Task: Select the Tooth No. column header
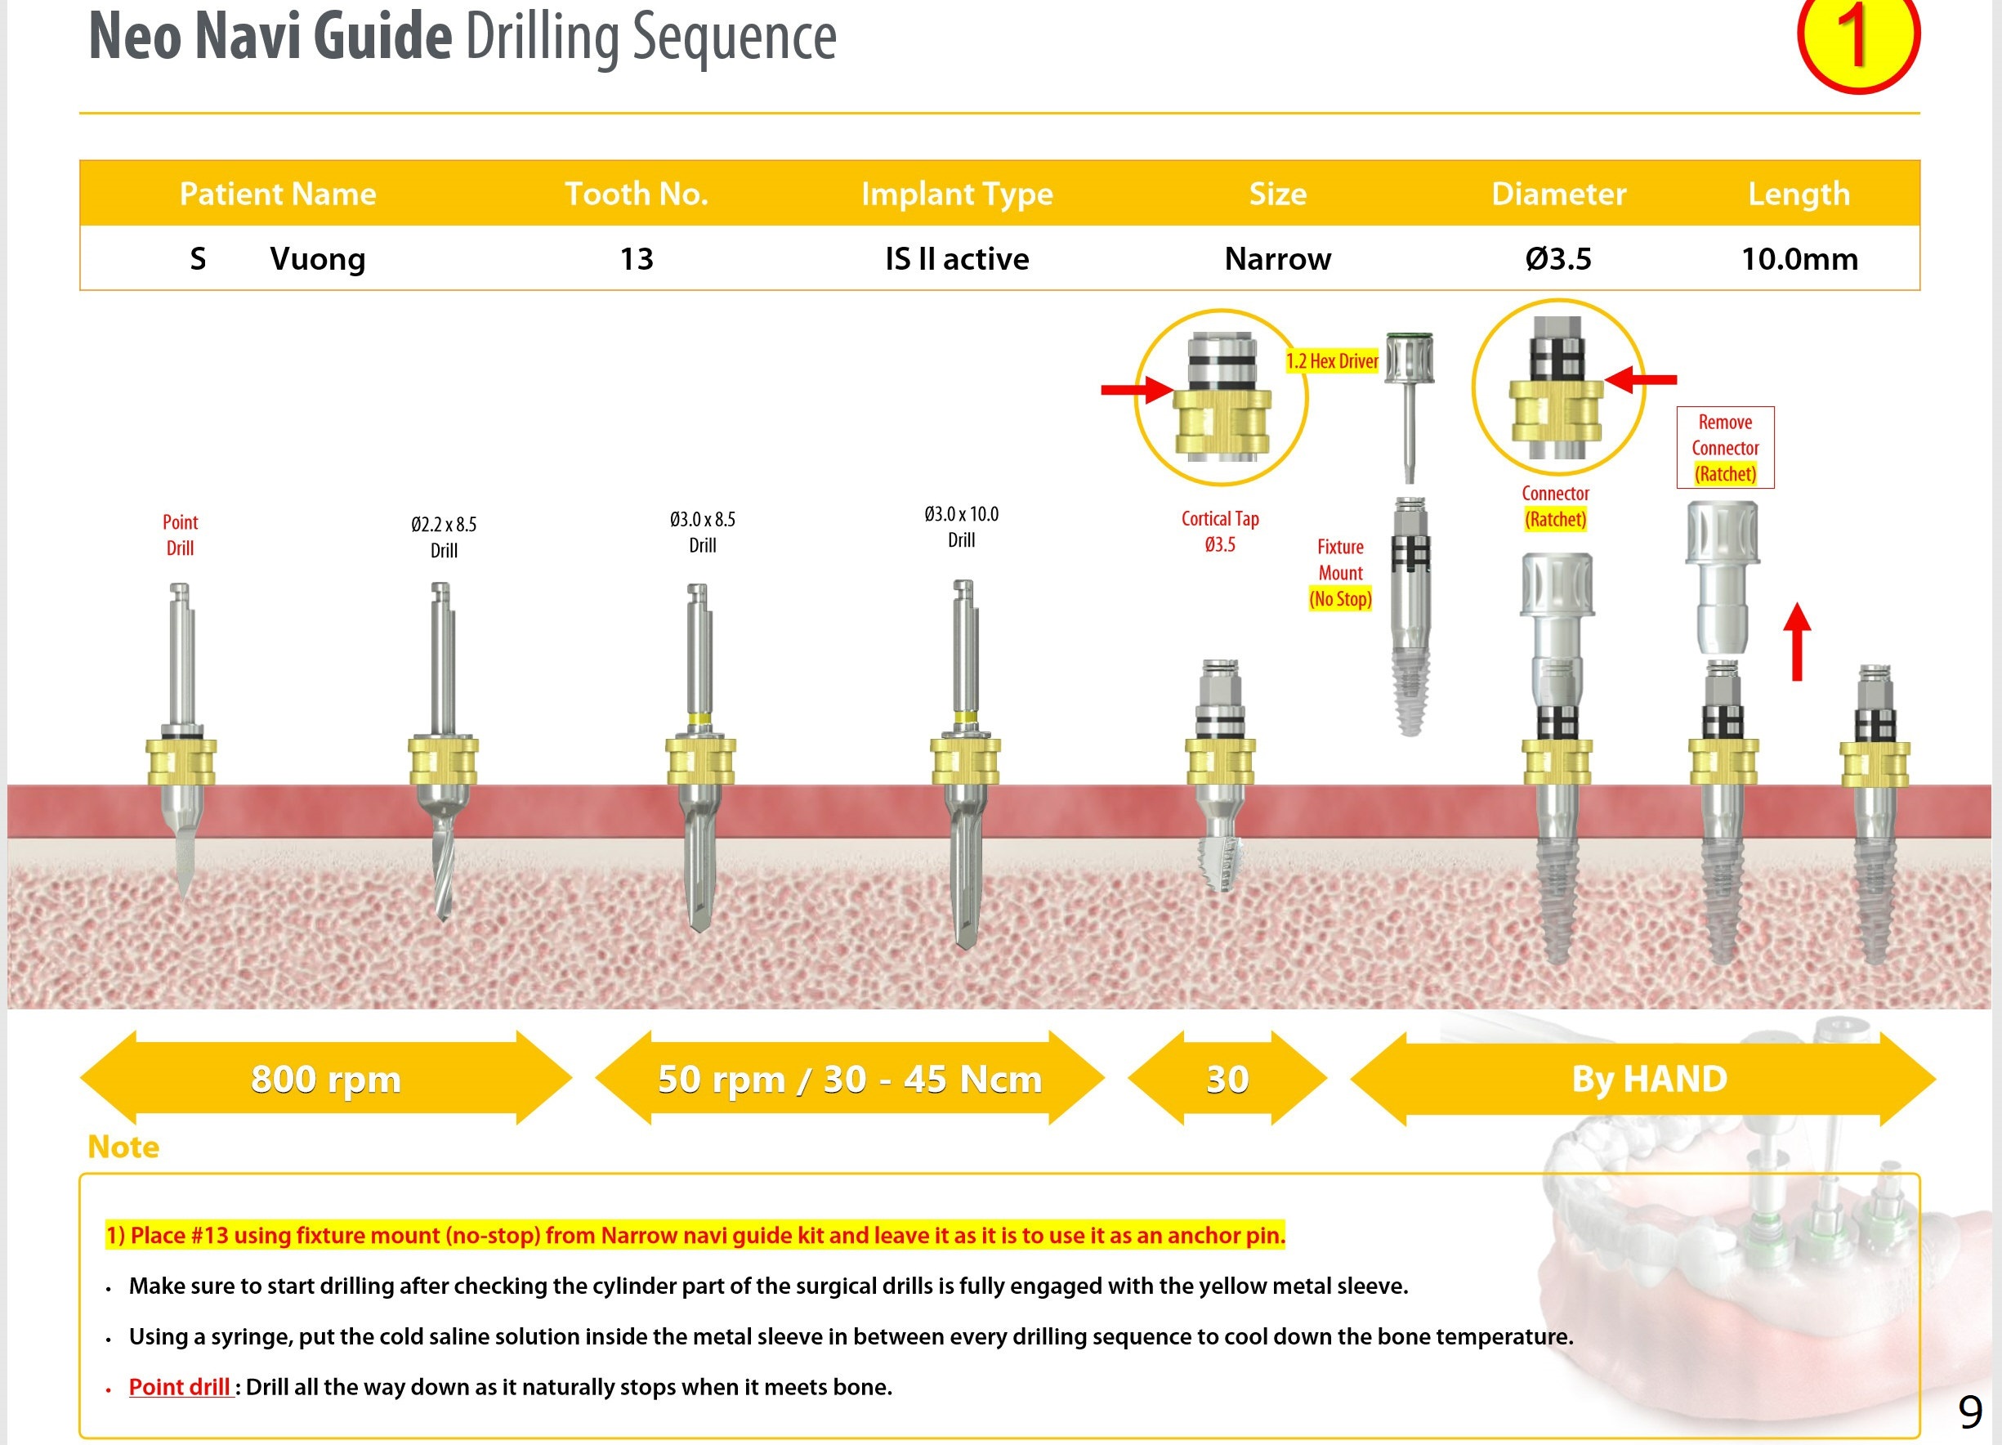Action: click(x=637, y=194)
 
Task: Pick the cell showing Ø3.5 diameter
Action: click(x=1558, y=258)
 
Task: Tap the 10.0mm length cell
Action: click(x=1799, y=258)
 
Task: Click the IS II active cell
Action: click(x=957, y=258)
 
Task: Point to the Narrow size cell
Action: click(x=1277, y=258)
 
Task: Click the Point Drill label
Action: click(x=180, y=535)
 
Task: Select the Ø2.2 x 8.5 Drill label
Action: click(x=443, y=537)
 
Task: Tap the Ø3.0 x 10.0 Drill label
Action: click(x=961, y=527)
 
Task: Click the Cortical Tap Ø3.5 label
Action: click(x=1220, y=531)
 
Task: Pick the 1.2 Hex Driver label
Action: click(x=1331, y=361)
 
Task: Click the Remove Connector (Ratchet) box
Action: click(x=1725, y=448)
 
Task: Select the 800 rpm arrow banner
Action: click(x=326, y=1078)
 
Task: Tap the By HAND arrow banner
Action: click(x=1648, y=1078)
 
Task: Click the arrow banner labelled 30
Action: click(x=1227, y=1078)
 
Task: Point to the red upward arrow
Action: click(x=1796, y=642)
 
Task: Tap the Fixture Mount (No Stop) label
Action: click(x=1340, y=573)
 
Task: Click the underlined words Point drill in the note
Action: click(x=179, y=1387)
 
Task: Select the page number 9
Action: click(x=1969, y=1412)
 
